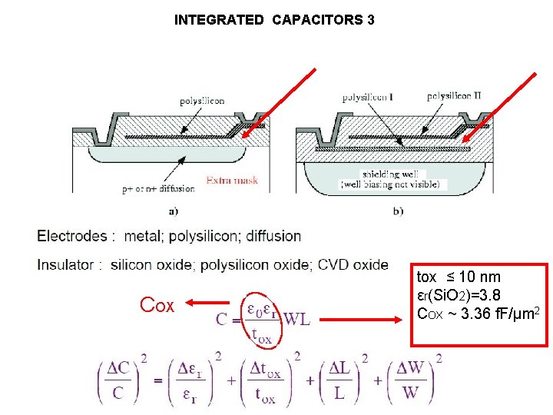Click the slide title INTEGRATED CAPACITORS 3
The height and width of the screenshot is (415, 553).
coord(274,20)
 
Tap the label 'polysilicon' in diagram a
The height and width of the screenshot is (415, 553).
coord(202,101)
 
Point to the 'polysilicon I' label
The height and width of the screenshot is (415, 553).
coord(367,97)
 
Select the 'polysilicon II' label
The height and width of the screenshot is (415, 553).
coord(453,96)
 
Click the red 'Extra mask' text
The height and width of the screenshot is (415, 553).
coord(232,181)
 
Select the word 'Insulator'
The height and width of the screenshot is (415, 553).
coord(66,265)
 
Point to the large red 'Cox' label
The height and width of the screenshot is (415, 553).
coord(157,305)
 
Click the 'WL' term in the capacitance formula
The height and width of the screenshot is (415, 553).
coord(296,318)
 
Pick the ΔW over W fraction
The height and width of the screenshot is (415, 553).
coord(412,380)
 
